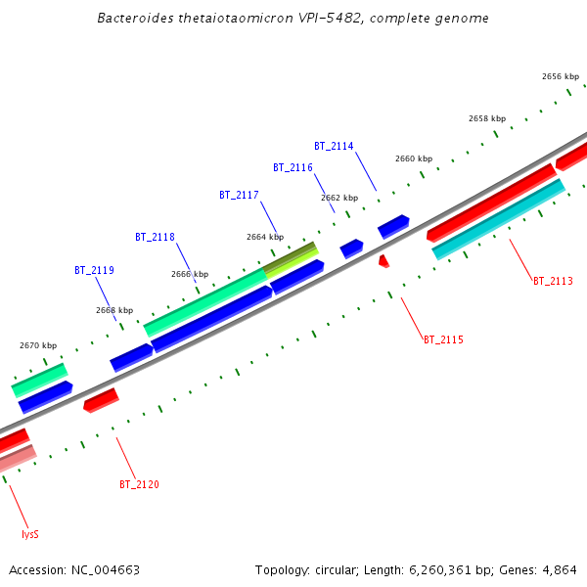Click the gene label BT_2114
(334, 146)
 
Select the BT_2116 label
(293, 167)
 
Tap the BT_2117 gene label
(239, 195)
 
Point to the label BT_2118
(155, 237)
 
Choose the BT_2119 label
(94, 270)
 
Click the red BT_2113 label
(553, 281)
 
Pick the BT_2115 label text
(443, 339)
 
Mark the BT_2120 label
(139, 484)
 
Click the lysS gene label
(30, 534)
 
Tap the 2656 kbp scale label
(560, 75)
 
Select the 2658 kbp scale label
(486, 118)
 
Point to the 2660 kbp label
(413, 158)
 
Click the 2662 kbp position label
(339, 198)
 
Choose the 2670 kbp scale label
(38, 345)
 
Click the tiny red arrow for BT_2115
(384, 261)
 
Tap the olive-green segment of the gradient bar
(293, 257)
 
